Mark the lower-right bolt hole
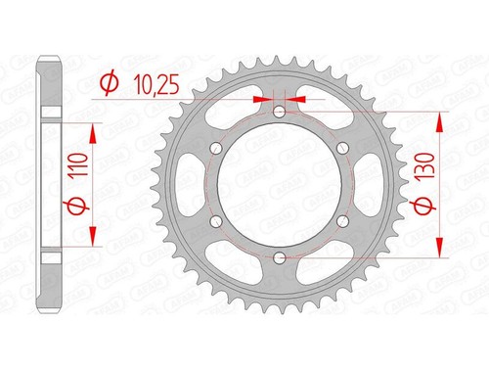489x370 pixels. [342, 220]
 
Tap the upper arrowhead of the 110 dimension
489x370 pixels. [94, 131]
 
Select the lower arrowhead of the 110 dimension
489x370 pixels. [94, 238]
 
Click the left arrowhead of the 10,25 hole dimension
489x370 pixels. [261, 99]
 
